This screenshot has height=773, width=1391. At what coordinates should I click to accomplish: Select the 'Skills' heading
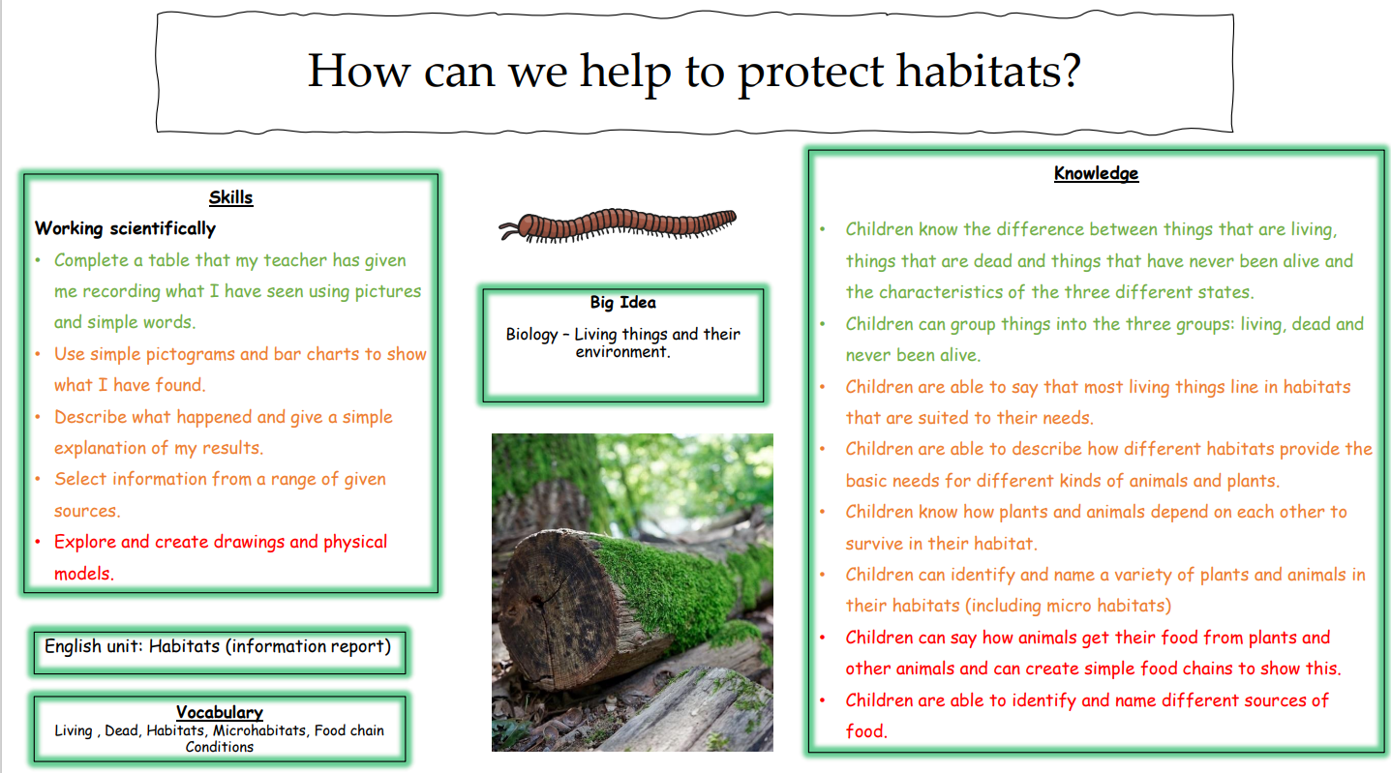tap(231, 197)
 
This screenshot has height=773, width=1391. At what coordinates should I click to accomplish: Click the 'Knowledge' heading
tap(1096, 173)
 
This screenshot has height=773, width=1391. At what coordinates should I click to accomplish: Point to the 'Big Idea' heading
tap(622, 303)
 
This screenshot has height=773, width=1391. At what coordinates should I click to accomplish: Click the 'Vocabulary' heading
tap(219, 712)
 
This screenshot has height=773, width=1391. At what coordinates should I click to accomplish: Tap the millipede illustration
tap(618, 225)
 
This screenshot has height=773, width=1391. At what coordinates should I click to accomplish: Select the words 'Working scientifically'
tap(125, 228)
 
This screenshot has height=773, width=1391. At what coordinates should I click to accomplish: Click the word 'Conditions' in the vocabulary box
tap(219, 747)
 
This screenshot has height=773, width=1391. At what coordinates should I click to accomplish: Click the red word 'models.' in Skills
tap(84, 574)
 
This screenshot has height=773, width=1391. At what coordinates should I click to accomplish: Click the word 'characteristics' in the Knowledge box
tap(953, 292)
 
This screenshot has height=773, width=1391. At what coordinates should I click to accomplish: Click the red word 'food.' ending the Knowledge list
tap(866, 731)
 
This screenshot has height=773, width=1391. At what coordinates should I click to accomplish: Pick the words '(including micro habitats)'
tap(1068, 606)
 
